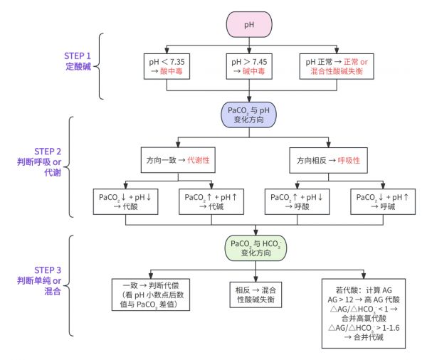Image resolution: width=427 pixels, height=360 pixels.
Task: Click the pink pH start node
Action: click(249, 24)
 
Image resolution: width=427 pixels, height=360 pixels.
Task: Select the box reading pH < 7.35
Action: click(167, 66)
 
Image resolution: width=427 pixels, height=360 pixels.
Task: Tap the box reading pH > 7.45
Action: click(249, 66)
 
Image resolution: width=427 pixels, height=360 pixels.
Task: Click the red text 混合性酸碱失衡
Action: click(337, 71)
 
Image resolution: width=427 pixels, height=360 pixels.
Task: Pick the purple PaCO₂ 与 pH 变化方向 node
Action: click(248, 115)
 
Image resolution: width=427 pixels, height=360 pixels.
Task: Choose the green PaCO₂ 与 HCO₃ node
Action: click(255, 248)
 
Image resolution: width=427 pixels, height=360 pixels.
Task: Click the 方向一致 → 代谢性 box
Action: click(178, 160)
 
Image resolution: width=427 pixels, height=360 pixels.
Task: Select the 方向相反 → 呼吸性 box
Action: click(328, 160)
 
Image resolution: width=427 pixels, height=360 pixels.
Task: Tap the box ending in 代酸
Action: click(125, 202)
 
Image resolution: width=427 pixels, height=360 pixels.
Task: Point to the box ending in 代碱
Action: click(211, 202)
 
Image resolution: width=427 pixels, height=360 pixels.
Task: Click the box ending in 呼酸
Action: click(297, 202)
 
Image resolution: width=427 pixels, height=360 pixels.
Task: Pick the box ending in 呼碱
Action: click(383, 202)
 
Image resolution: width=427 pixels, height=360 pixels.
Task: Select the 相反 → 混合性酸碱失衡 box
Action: click(255, 295)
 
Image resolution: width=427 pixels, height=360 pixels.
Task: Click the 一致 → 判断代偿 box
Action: click(151, 295)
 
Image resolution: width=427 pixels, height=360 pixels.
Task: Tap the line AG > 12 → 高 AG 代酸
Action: click(364, 300)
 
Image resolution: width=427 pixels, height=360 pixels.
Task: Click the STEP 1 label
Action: click(78, 56)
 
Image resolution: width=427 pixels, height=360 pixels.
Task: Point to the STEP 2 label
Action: click(48, 152)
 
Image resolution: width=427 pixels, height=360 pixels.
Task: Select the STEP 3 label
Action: click(48, 270)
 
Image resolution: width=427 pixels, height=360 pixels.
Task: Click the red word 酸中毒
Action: click(171, 71)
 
